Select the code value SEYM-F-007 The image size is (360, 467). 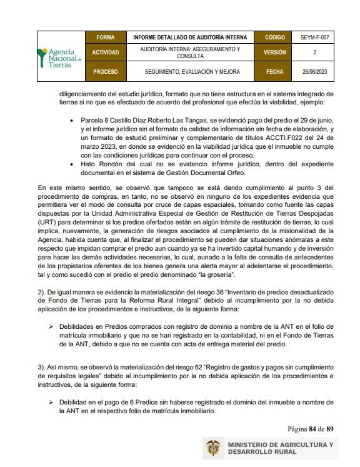coord(314,38)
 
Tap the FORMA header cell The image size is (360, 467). coord(106,38)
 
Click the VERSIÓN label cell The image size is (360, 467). coord(274,53)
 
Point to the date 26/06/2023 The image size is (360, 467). coord(314,72)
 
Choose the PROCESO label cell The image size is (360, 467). coord(106,72)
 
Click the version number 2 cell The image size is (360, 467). coord(314,53)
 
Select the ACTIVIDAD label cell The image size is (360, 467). coord(106,53)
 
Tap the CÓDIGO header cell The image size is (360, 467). coord(274,38)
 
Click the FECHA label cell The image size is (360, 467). coord(274,72)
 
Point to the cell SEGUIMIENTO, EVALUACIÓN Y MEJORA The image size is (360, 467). coord(192,72)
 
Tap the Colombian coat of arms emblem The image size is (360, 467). coord(213,449)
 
